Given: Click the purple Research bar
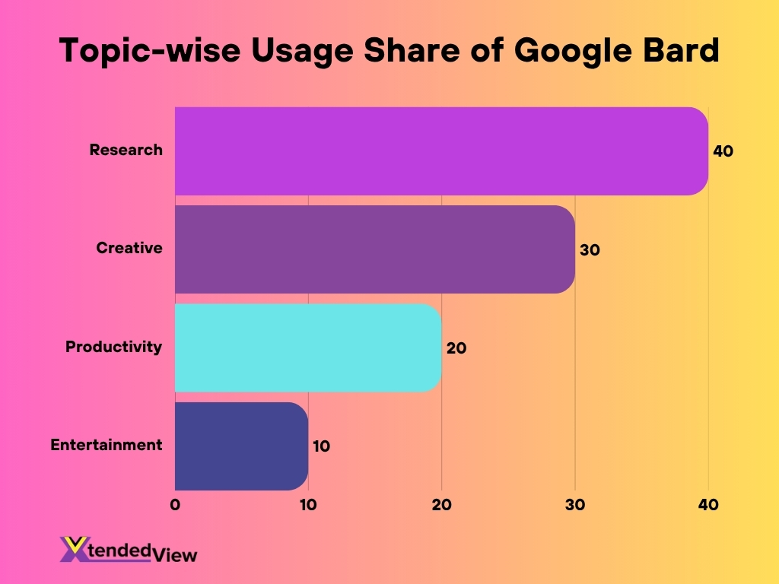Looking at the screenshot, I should coord(441,151).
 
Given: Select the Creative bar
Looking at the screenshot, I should coord(374,249).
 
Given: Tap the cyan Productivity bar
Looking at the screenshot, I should coord(308,348).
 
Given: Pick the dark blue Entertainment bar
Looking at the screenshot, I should coord(241,446).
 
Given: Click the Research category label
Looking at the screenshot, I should coord(126,150).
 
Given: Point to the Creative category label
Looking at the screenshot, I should coord(129,248).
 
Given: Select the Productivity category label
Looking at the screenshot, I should coord(113,347).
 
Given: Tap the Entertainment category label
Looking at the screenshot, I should coord(107,445).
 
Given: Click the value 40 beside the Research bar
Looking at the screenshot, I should coord(723,151).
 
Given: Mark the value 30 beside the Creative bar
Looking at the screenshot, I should coord(590,249).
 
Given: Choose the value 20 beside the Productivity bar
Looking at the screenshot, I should coord(456,348).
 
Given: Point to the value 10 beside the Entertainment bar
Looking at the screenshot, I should coord(321,446).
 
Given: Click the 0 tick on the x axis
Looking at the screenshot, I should coord(175,505).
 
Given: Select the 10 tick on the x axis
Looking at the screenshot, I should coord(307,505).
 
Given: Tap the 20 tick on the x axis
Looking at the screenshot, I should coord(441,505).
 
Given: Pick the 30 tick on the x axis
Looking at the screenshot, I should coord(574,505).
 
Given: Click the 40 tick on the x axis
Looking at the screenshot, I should coord(708,505).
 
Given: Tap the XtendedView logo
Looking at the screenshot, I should coord(128,551).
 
